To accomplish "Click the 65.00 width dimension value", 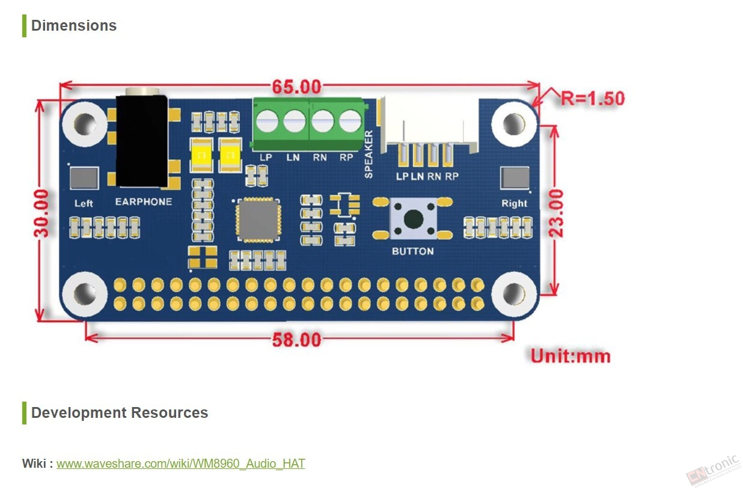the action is [x=297, y=87].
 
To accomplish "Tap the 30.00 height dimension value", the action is [x=41, y=213].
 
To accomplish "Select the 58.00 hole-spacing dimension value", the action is [x=297, y=340].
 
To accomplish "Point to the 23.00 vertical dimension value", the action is [x=556, y=213].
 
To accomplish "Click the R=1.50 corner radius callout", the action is [x=592, y=98].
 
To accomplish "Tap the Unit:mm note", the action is [x=570, y=357].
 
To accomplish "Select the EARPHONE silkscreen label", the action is [x=144, y=201].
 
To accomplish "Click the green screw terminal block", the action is [x=309, y=124].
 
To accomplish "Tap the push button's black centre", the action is [x=414, y=219].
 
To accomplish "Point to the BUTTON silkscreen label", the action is [x=413, y=251].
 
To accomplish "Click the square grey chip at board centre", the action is [x=258, y=220].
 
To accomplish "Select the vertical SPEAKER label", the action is [x=368, y=155].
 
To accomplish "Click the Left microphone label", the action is [x=84, y=203].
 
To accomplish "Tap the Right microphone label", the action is [x=514, y=203].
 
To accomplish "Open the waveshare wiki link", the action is [x=180, y=464].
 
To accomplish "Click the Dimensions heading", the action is [x=73, y=25].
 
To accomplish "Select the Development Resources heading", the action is [x=120, y=412].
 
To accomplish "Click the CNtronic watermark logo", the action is [x=713, y=470].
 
